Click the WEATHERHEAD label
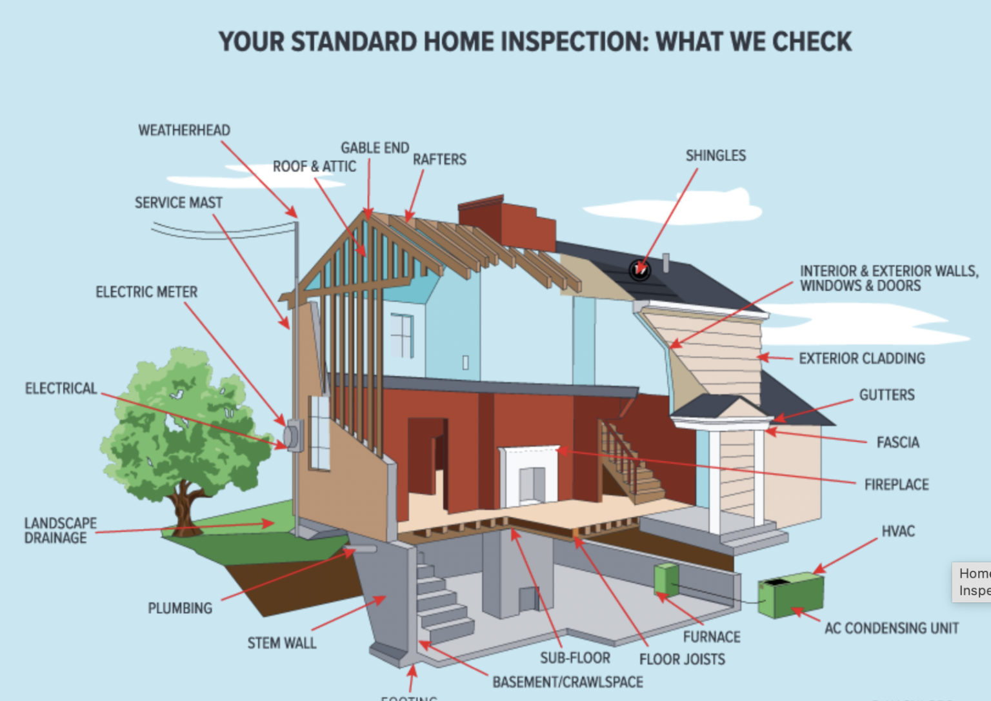click(x=184, y=130)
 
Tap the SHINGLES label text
click(x=716, y=155)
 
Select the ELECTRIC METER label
click(x=146, y=292)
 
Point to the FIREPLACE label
click(x=896, y=484)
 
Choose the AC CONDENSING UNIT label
click(x=891, y=628)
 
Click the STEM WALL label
click(x=282, y=643)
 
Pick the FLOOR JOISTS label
click(x=682, y=659)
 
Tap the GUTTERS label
click(x=886, y=395)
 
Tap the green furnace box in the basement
click(x=666, y=578)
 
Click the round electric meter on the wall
click(x=294, y=436)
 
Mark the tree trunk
click(x=185, y=509)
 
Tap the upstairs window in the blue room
click(x=401, y=335)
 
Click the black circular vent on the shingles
click(x=640, y=270)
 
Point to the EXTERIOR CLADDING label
click(x=861, y=359)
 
